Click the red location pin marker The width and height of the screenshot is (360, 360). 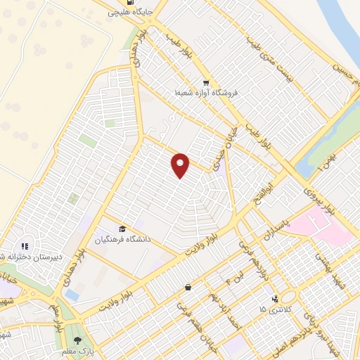tap(181, 165)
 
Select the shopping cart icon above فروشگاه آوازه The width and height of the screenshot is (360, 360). tap(205, 81)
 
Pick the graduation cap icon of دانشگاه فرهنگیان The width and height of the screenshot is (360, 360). tap(122, 229)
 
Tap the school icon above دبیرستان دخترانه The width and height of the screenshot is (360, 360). tap(25, 246)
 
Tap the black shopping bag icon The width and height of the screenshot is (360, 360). tap(188, 287)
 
